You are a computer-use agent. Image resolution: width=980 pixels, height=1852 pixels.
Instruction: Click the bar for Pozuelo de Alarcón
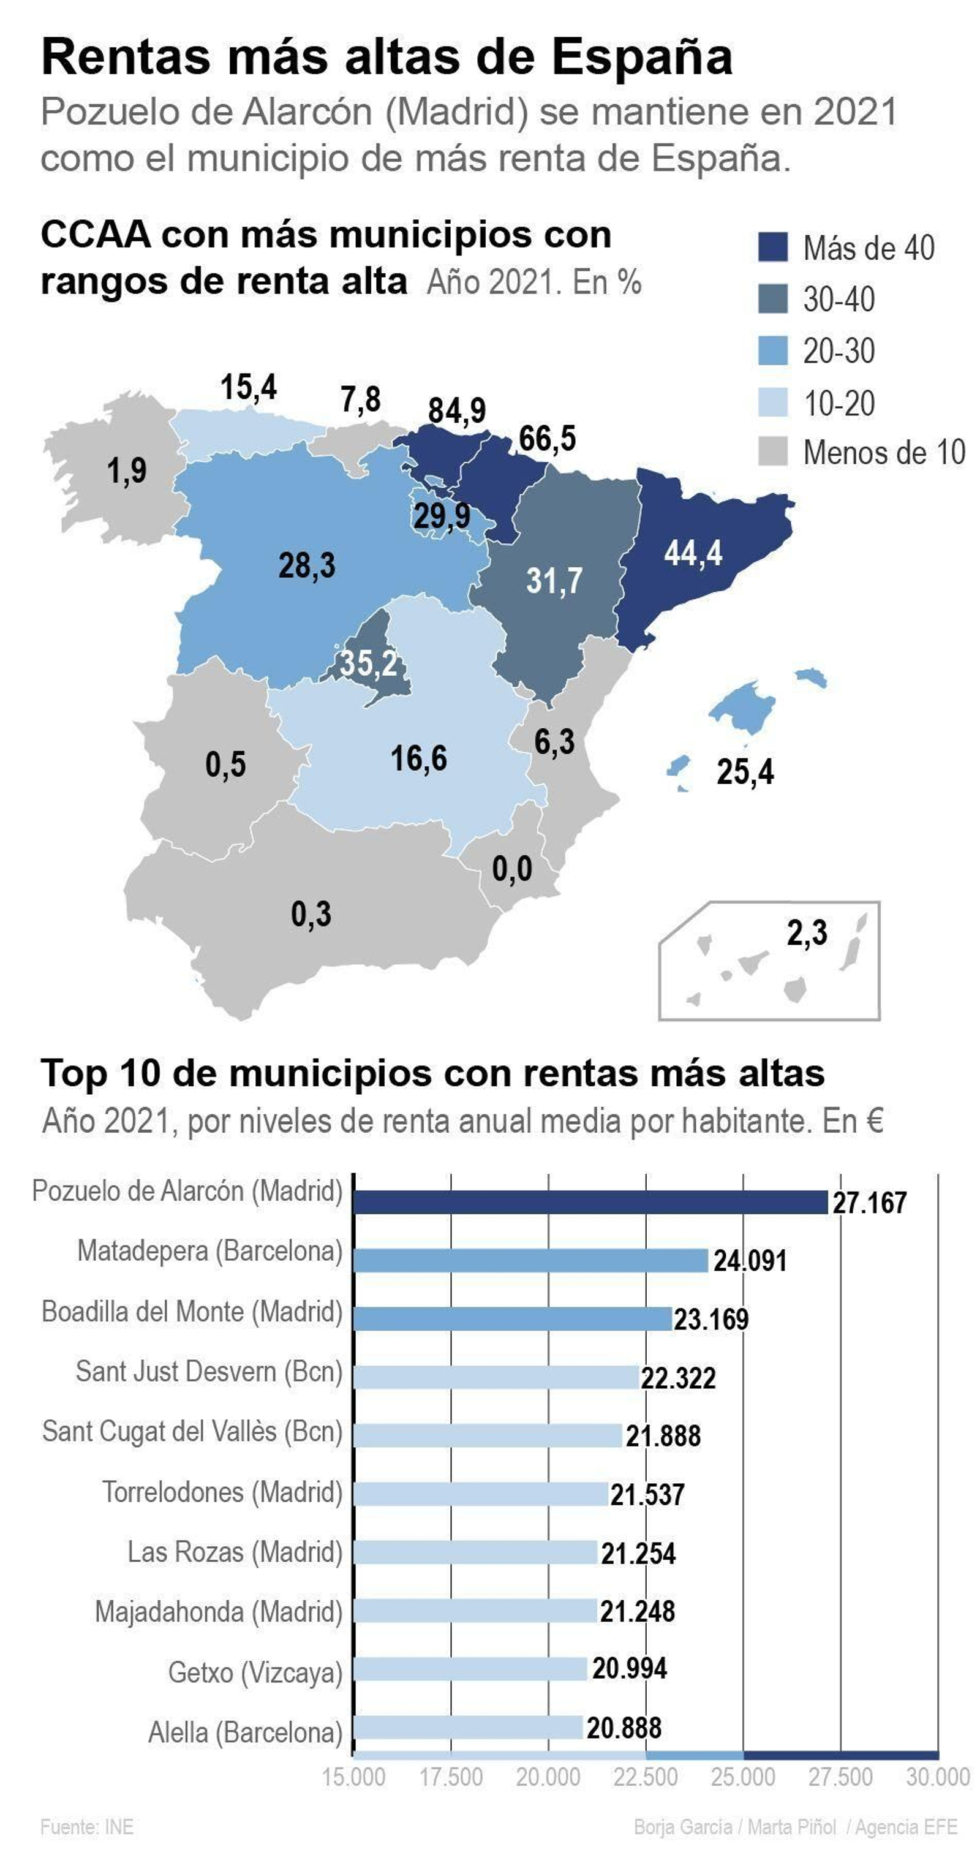[590, 1202]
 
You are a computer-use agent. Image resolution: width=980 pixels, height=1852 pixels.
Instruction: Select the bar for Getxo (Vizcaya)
[470, 1669]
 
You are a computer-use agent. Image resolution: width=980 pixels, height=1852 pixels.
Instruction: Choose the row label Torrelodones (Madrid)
[222, 1492]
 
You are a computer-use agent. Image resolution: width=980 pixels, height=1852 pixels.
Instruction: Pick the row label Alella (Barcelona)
[245, 1732]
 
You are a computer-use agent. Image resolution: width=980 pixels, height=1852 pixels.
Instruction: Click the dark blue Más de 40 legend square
[773, 247]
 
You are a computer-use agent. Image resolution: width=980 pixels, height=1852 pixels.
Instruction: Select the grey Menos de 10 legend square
[773, 452]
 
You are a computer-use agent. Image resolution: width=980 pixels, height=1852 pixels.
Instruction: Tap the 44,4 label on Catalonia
[692, 553]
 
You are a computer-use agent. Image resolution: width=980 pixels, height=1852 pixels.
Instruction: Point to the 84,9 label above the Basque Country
[456, 410]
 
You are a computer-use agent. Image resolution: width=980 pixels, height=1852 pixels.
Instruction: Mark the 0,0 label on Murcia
[512, 869]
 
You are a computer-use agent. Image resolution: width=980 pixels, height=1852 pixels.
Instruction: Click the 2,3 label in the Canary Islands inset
[807, 932]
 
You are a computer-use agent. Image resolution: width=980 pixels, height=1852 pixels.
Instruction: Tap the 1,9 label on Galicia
[127, 471]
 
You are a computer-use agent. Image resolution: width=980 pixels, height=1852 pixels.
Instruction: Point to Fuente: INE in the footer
[87, 1826]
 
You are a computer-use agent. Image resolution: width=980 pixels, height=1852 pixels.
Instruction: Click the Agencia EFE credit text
[906, 1826]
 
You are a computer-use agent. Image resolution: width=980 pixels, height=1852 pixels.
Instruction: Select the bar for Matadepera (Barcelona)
[530, 1260]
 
